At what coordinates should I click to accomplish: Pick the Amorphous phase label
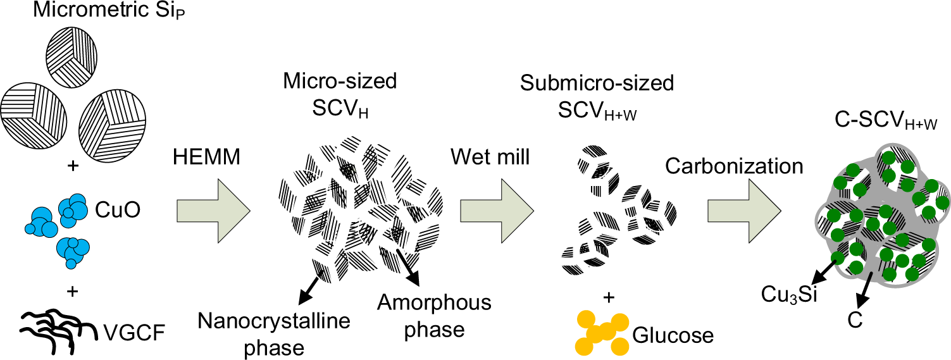[x=434, y=316]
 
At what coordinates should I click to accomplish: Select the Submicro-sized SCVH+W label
[x=597, y=94]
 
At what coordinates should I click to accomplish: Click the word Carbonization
[x=734, y=166]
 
